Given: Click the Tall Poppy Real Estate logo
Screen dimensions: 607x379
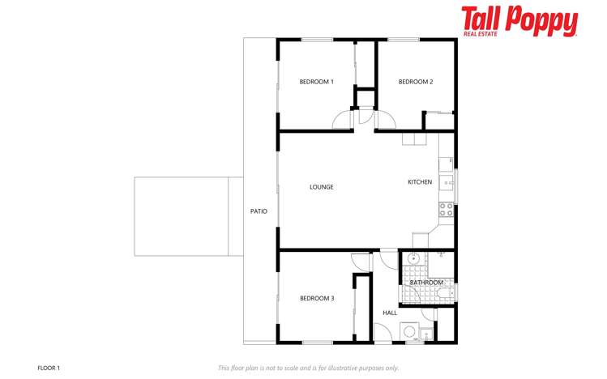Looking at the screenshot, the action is [519, 22].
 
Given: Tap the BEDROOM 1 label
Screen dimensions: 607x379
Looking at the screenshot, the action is [316, 82].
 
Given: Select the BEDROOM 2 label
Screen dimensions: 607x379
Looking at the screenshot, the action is [416, 82].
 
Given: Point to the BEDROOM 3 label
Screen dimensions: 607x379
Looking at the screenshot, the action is [317, 298].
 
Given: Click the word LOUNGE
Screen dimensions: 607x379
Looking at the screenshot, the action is [321, 187].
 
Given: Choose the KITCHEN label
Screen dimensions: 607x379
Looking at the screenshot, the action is [420, 181].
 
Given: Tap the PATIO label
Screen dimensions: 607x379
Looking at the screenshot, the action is [259, 211].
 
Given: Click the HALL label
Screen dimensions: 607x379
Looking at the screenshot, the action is [390, 313].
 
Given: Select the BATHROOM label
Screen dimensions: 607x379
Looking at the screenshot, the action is [426, 283].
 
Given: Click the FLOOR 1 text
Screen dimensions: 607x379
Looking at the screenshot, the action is [49, 368].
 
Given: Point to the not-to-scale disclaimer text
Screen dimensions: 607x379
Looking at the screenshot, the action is [308, 368].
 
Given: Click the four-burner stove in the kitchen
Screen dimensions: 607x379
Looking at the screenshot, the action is [446, 210].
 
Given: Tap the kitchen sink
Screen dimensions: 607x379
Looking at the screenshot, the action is [447, 182].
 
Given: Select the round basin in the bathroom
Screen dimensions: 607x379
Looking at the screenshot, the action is [414, 258].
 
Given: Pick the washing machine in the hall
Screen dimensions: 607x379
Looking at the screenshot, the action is [408, 331].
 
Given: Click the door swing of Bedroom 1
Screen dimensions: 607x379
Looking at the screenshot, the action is [342, 120].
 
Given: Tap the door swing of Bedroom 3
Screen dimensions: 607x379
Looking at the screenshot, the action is [361, 262].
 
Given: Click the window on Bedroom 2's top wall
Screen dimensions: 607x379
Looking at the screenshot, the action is [404, 40].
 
